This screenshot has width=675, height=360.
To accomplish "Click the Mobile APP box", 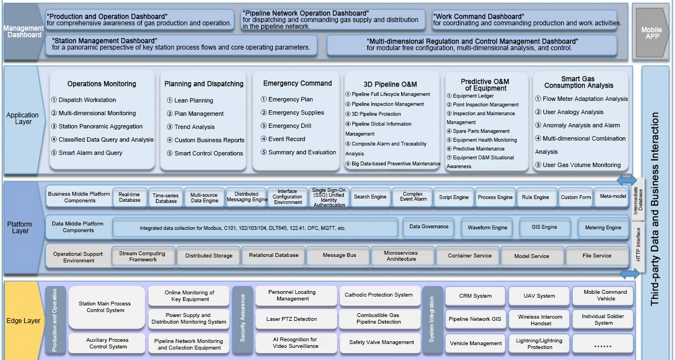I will click(651, 33).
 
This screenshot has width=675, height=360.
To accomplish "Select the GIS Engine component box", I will click(544, 227).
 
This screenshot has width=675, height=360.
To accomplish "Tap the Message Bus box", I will click(339, 256).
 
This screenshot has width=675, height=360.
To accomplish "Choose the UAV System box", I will click(539, 296).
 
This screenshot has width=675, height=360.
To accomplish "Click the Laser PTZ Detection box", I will click(292, 319).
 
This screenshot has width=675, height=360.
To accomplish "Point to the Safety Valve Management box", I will click(381, 342).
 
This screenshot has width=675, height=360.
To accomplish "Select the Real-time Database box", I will click(129, 197).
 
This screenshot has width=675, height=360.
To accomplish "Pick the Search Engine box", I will click(370, 197).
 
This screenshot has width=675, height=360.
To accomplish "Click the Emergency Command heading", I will click(298, 84).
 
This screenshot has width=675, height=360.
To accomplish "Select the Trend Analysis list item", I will click(195, 127).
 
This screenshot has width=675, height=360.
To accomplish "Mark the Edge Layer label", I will click(23, 321).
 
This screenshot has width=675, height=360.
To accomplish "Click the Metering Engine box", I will click(603, 227).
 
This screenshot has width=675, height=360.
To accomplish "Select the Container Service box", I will click(471, 256).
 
